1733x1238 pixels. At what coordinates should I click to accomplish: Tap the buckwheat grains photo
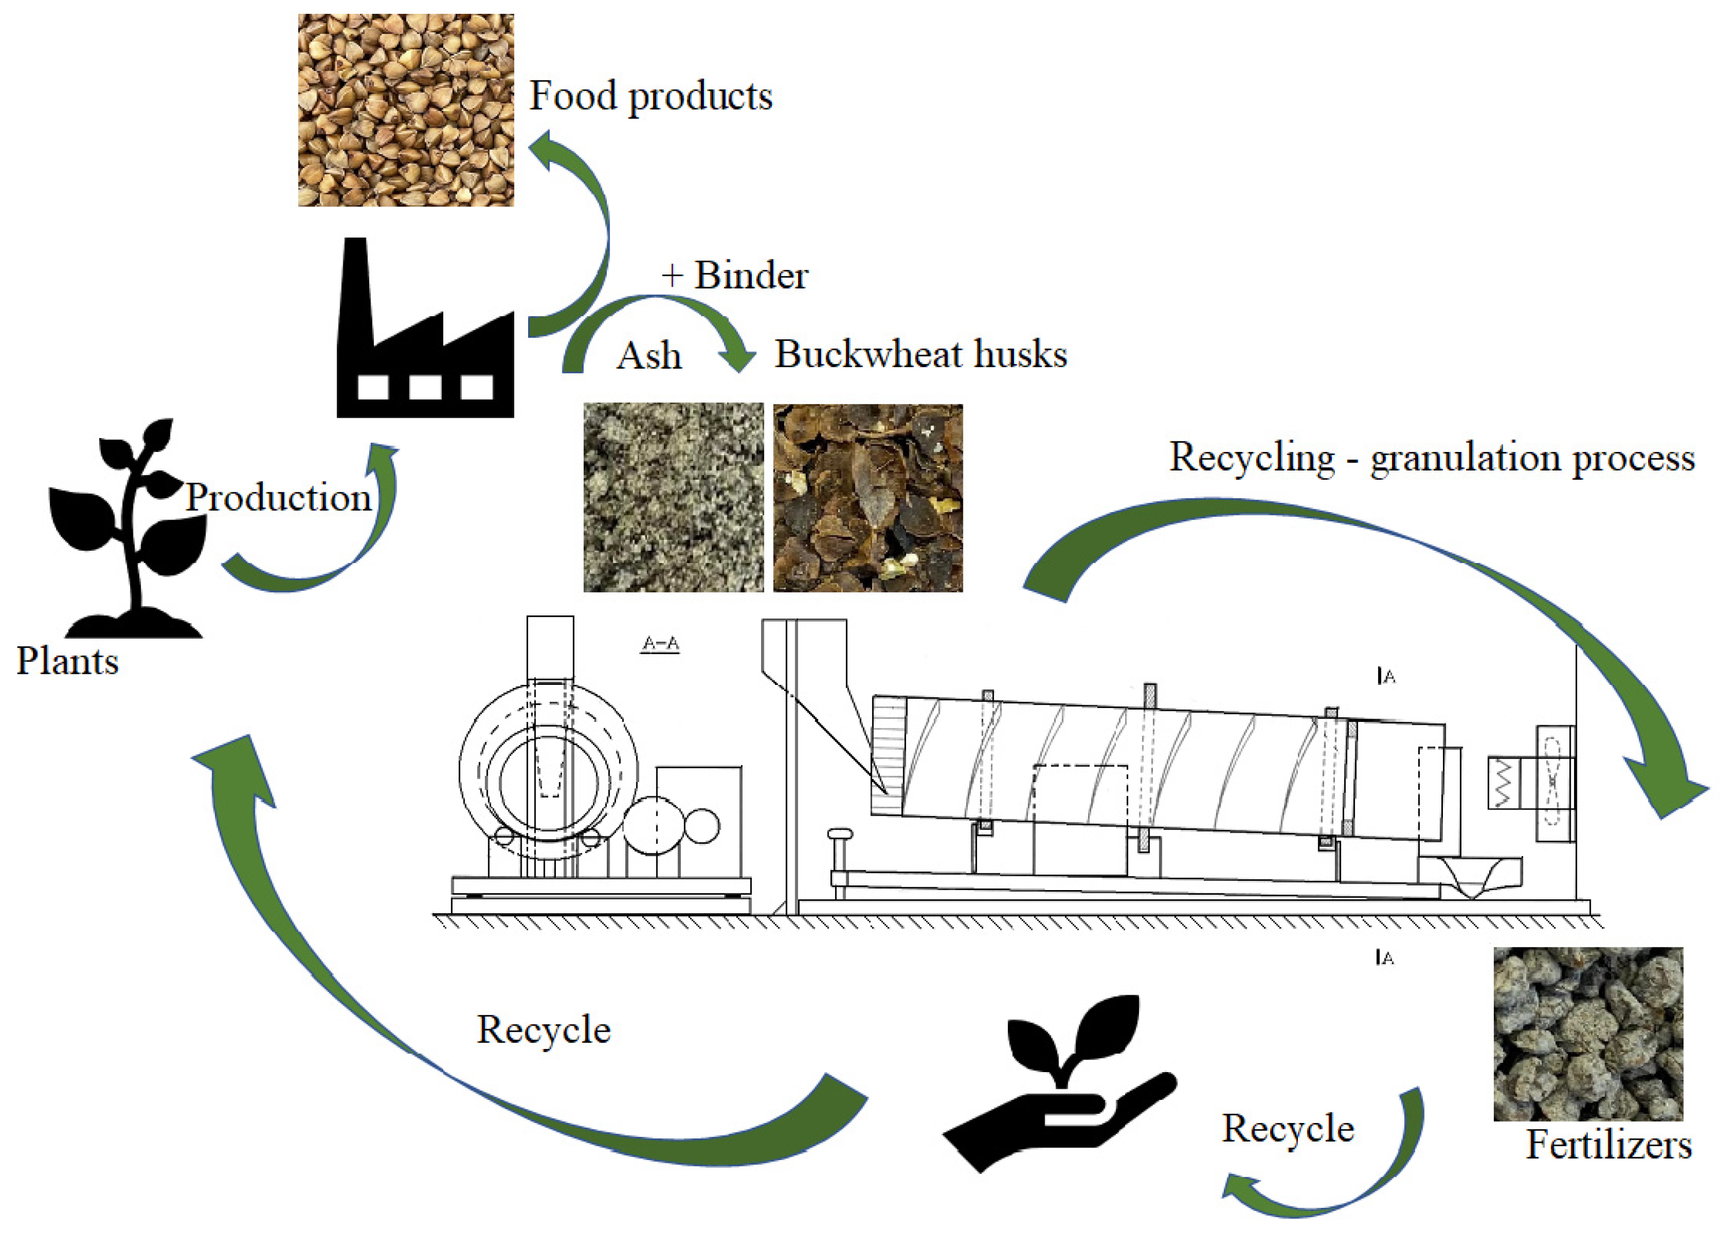(406, 110)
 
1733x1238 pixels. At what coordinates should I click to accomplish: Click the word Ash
(648, 356)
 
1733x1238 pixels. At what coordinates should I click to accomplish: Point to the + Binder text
(734, 275)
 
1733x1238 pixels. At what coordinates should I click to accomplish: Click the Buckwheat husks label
(921, 354)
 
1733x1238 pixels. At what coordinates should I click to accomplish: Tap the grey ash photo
(673, 497)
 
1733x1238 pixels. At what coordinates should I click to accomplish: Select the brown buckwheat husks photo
(867, 498)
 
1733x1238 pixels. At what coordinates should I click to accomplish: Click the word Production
(279, 497)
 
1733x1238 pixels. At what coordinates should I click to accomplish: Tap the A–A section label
(660, 644)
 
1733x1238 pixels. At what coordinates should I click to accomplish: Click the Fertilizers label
(1608, 1145)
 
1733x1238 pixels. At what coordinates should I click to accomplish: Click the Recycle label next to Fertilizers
(1288, 1128)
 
